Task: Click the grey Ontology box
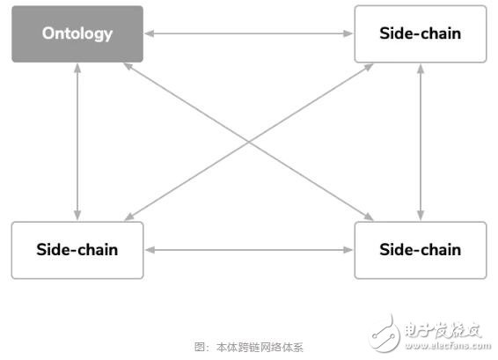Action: click(x=77, y=34)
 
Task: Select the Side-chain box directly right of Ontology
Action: click(x=421, y=34)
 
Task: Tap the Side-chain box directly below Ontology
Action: click(x=77, y=250)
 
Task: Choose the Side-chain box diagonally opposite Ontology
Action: click(x=421, y=250)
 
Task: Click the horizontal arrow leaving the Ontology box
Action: click(x=249, y=33)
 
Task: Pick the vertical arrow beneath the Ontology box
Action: click(x=77, y=142)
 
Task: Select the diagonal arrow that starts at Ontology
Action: click(x=249, y=142)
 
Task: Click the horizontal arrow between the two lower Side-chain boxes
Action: click(x=249, y=250)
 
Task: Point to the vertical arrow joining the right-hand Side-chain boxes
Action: click(x=421, y=142)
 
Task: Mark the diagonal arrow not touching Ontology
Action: click(x=249, y=142)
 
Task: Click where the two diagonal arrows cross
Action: click(x=249, y=142)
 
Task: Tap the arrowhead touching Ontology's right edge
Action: click(x=150, y=33)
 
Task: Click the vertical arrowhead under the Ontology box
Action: click(x=77, y=68)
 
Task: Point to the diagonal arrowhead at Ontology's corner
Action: click(x=128, y=66)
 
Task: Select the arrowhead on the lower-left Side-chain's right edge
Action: click(x=150, y=250)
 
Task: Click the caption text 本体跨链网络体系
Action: click(x=260, y=348)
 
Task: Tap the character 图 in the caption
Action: click(x=200, y=348)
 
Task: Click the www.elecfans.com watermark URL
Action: click(x=448, y=345)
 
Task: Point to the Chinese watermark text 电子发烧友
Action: click(x=443, y=330)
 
